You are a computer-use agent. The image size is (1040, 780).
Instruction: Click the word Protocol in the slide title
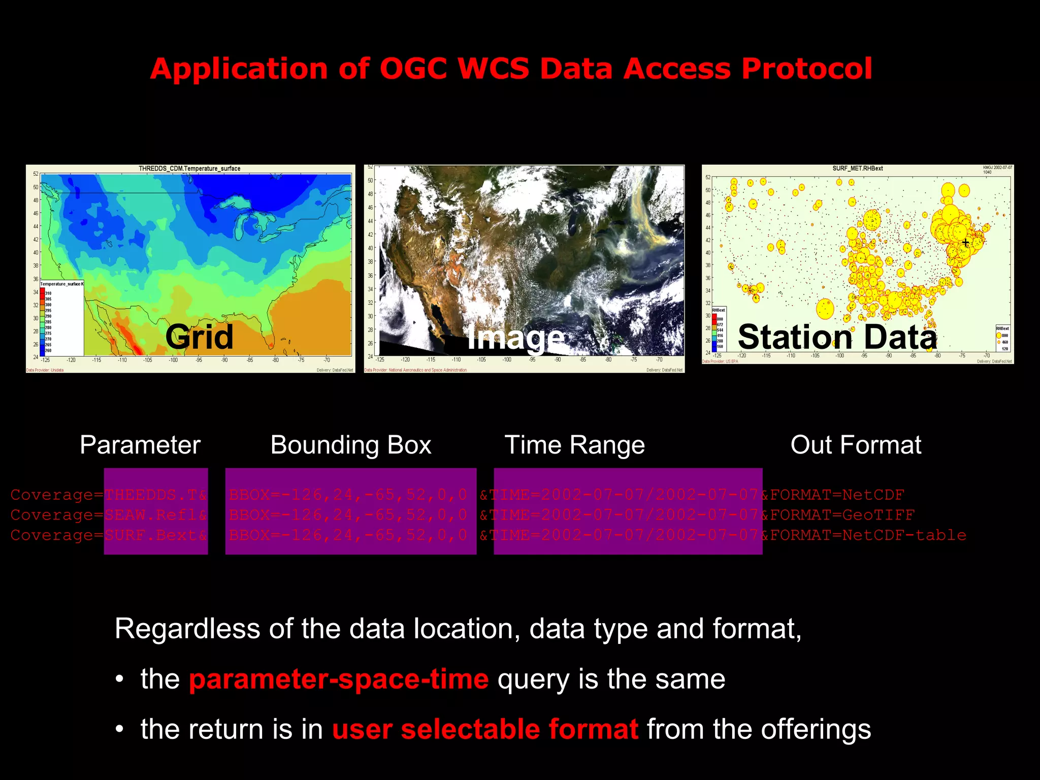pyautogui.click(x=806, y=69)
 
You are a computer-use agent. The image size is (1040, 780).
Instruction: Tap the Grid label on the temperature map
pyautogui.click(x=199, y=336)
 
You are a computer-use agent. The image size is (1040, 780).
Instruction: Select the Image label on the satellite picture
pyautogui.click(x=515, y=337)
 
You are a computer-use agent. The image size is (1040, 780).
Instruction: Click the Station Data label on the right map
pyautogui.click(x=837, y=337)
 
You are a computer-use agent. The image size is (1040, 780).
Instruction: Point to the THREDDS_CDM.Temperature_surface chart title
pyautogui.click(x=189, y=169)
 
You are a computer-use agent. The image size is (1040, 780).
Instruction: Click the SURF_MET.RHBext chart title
pyautogui.click(x=857, y=168)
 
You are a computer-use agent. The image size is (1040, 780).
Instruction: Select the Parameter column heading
pyautogui.click(x=140, y=445)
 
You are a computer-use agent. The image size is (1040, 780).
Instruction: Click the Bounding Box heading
pyautogui.click(x=350, y=445)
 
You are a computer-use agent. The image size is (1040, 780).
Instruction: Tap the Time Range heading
pyautogui.click(x=574, y=445)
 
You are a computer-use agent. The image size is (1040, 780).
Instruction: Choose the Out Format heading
pyautogui.click(x=856, y=445)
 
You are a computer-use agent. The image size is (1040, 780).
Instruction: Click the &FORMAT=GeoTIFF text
pyautogui.click(x=838, y=515)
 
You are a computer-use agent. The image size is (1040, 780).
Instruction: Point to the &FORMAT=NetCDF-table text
pyautogui.click(x=863, y=535)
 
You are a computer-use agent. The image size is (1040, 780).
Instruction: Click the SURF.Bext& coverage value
pyautogui.click(x=156, y=535)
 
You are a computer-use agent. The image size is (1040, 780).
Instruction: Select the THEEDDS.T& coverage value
pyautogui.click(x=156, y=495)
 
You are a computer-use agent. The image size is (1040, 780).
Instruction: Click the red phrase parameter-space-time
pyautogui.click(x=339, y=679)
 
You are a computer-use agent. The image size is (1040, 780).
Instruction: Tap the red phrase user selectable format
pyautogui.click(x=485, y=729)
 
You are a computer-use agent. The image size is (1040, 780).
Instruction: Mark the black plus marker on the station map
pyautogui.click(x=965, y=243)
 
